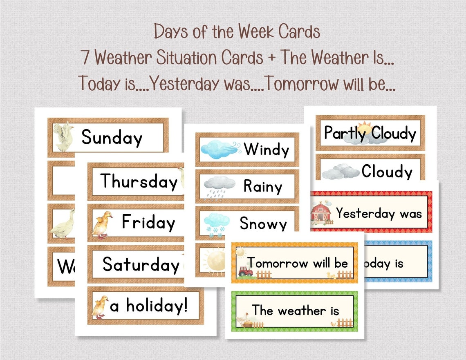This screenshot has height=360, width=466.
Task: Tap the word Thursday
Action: (139, 181)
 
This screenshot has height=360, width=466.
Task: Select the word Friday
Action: (148, 223)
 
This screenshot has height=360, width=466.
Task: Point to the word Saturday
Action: (141, 264)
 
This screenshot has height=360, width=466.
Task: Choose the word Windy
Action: (267, 150)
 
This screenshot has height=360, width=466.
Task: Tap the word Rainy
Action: (263, 187)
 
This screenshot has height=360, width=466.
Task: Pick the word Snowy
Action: (263, 224)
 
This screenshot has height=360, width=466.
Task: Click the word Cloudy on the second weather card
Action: (387, 172)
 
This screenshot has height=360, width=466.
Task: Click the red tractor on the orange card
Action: (245, 271)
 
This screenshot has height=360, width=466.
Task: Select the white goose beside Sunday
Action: (64, 137)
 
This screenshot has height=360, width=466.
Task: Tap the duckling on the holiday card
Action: (100, 306)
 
